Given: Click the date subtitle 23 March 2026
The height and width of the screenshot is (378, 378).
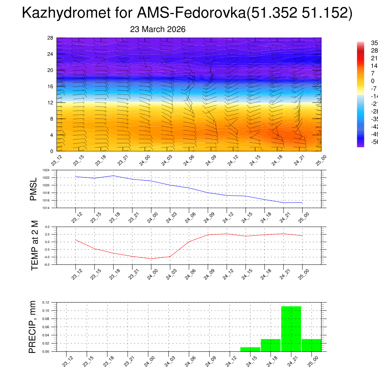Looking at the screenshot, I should click(158, 29).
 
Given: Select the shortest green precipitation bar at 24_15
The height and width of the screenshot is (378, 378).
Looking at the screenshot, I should click(250, 349).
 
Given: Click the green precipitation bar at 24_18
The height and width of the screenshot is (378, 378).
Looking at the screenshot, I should click(271, 345).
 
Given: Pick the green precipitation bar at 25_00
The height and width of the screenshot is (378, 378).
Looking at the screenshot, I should click(312, 345).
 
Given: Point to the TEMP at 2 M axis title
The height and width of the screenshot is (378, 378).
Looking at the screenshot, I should click(35, 245).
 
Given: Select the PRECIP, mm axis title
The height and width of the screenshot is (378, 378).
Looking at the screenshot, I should click(32, 327).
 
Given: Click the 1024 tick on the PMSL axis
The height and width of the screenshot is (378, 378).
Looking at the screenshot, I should click(46, 170).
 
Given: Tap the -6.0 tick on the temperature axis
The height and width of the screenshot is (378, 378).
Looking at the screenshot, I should click(47, 265).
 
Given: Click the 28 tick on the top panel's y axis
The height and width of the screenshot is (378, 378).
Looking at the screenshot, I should click(51, 38).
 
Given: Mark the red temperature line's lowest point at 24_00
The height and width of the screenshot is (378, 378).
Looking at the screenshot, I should click(151, 259).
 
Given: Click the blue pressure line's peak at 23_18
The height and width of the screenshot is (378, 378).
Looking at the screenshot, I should click(113, 176).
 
